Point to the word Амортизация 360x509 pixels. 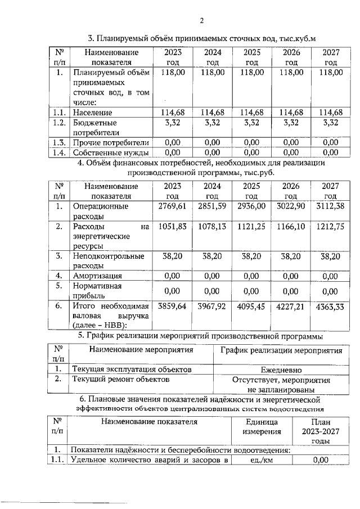(x=97, y=276)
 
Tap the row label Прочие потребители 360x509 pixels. (x=110, y=142)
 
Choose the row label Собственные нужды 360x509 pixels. (x=110, y=152)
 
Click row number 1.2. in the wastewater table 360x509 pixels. (x=58, y=123)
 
